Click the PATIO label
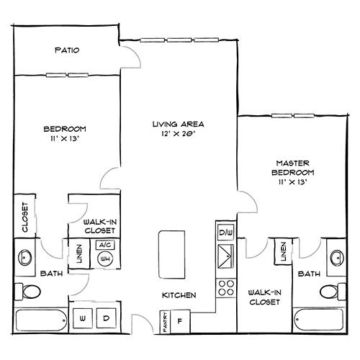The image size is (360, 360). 67,50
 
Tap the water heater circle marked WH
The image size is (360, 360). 105,258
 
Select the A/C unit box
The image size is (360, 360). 105,245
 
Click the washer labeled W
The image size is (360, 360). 82,318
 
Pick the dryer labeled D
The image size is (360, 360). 106,318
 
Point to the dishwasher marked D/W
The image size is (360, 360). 225,233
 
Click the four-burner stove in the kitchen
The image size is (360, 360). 226,288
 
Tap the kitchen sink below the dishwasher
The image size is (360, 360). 225,256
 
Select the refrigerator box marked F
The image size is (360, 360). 180,321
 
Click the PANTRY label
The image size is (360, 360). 165,322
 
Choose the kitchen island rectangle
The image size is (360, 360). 172,255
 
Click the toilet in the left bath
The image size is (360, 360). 27,292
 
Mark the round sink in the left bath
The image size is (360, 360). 25,258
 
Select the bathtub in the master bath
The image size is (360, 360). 319,320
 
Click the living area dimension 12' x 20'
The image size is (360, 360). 178,133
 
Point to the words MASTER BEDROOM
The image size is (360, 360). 293,168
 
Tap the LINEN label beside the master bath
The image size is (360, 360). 284,251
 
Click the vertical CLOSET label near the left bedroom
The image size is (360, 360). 25,217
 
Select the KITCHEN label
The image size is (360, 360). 179,295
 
